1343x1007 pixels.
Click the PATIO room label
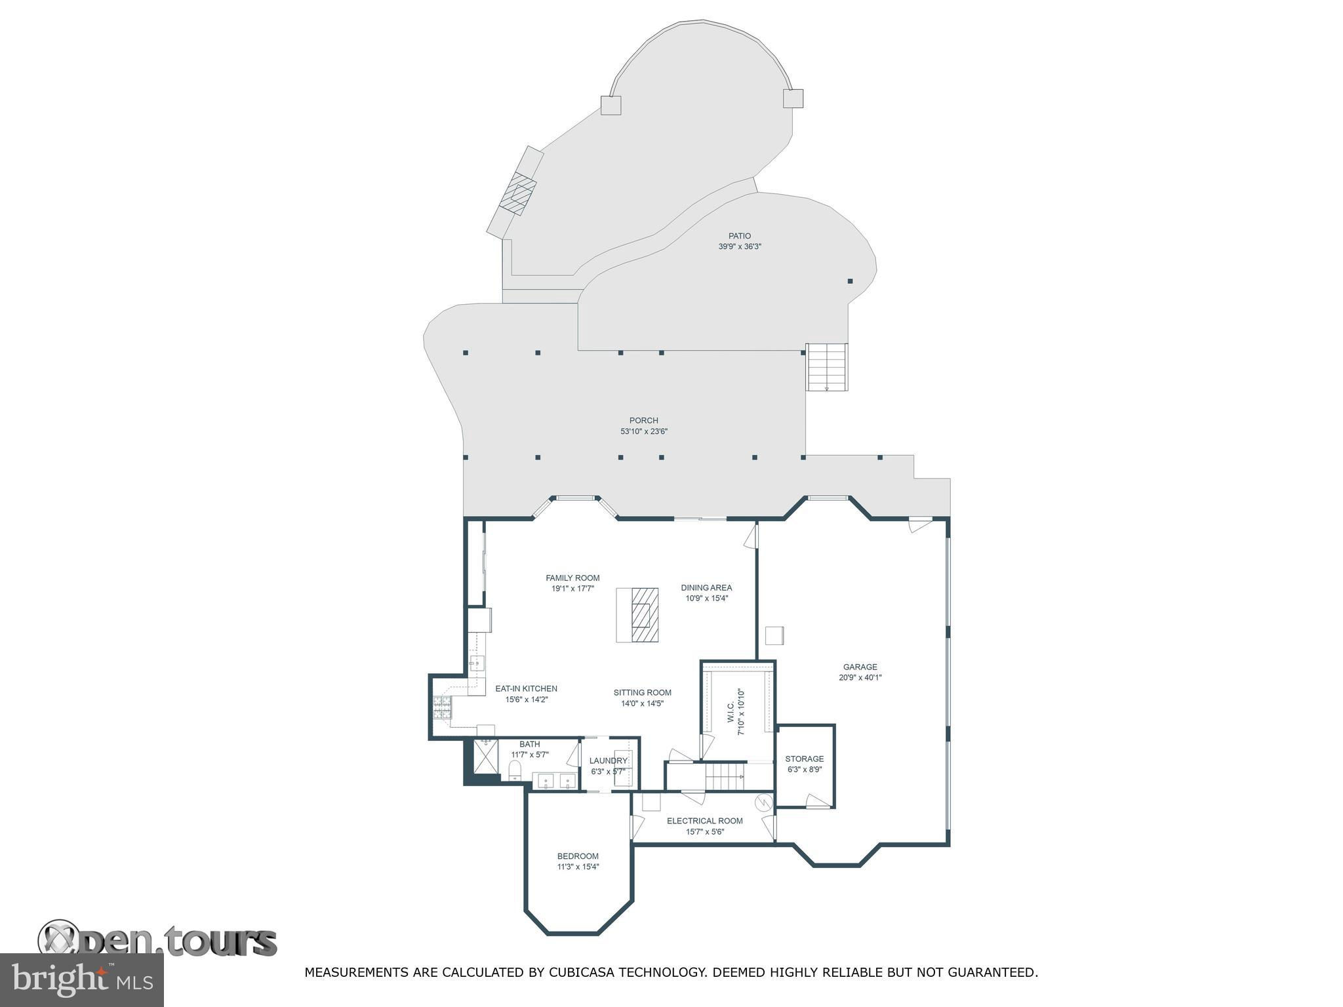click(739, 236)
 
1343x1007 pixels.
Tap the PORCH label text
click(643, 421)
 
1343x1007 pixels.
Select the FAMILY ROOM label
click(572, 578)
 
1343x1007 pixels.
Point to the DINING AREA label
click(706, 588)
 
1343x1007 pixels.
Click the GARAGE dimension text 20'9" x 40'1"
click(860, 678)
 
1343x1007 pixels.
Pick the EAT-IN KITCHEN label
click(526, 689)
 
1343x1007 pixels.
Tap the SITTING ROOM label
click(643, 693)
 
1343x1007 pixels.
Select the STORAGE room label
click(805, 759)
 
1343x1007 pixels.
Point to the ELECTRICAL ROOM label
click(705, 821)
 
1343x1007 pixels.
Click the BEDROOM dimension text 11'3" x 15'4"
click(578, 867)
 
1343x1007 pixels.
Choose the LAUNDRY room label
click(609, 761)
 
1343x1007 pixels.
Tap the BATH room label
click(530, 744)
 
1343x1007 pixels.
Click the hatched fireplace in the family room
click(644, 615)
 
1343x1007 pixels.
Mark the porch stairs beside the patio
click(826, 367)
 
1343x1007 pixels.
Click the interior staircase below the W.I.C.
click(726, 776)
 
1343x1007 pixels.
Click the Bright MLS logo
click(81, 980)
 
